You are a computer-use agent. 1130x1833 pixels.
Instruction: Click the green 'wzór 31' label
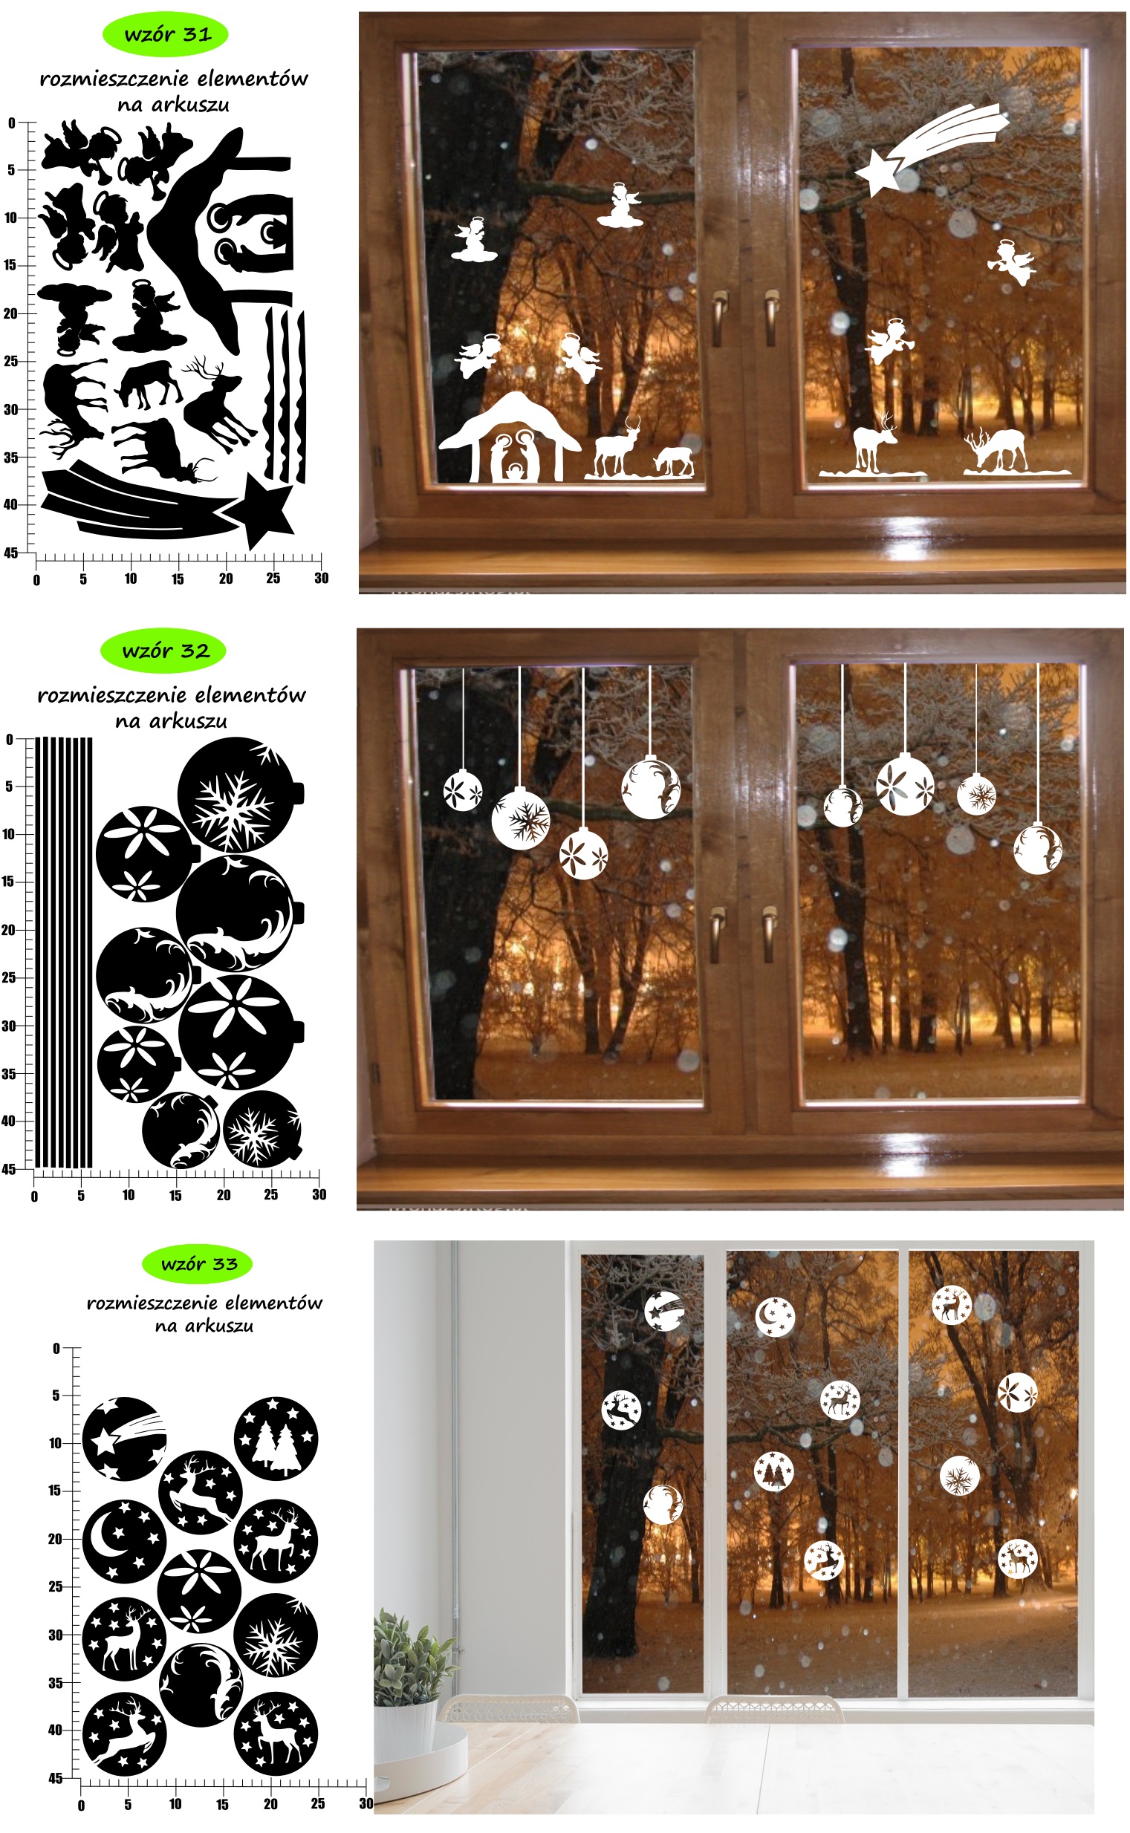tap(164, 34)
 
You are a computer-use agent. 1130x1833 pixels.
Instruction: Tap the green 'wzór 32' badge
tap(163, 651)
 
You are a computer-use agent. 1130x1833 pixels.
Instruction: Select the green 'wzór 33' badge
tap(197, 1265)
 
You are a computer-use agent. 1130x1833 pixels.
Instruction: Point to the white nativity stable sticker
tap(510, 437)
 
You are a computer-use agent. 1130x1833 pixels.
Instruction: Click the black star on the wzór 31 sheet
tap(260, 511)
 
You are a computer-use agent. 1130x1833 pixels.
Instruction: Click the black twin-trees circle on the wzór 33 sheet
tap(276, 1439)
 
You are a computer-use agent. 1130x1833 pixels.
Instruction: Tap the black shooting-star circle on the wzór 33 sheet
tap(124, 1439)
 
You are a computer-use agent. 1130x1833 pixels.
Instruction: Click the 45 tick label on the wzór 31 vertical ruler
tap(10, 553)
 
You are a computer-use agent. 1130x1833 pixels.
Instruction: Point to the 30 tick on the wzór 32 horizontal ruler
tap(319, 1195)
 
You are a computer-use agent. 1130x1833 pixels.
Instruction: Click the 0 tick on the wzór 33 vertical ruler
tap(56, 1348)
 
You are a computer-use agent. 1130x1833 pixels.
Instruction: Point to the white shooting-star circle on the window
tap(665, 1312)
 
